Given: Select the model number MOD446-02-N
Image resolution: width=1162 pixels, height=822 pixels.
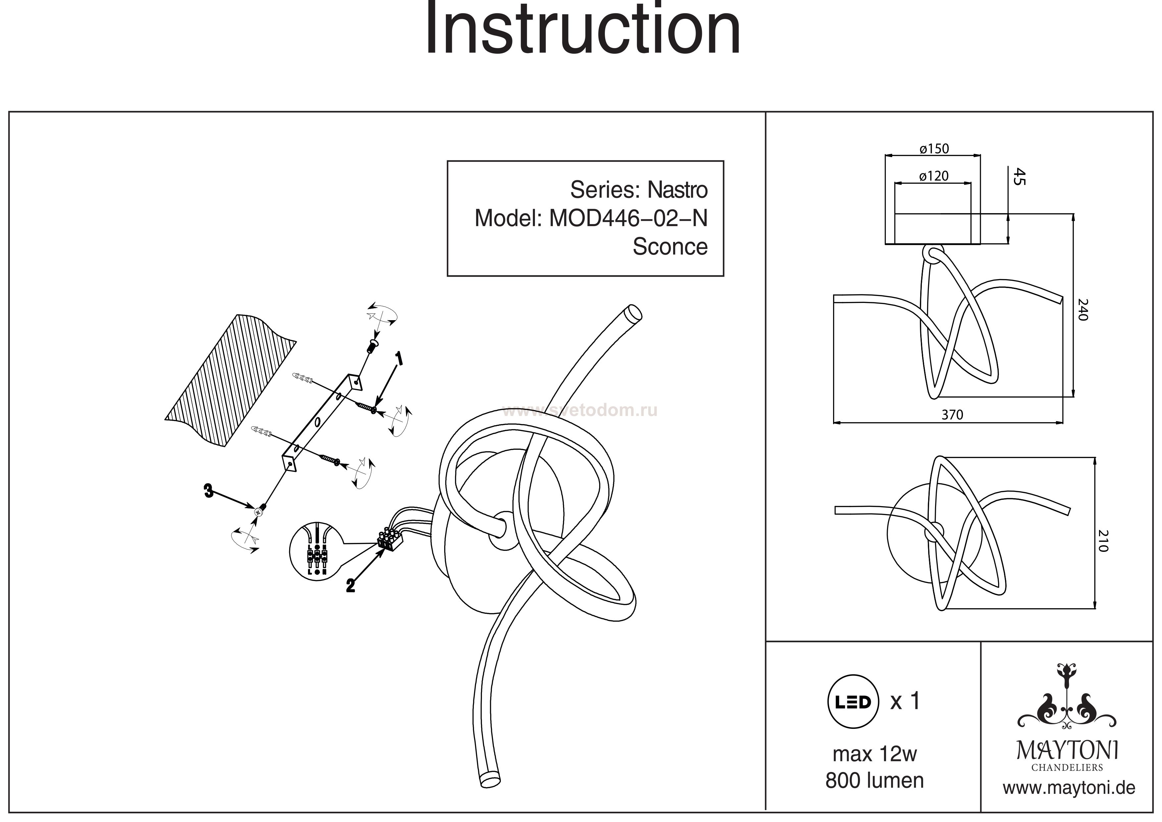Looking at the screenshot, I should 628,219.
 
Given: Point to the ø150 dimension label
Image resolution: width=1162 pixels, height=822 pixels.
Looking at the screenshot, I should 934,149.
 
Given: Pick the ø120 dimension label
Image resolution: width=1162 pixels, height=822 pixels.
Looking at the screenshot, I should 934,176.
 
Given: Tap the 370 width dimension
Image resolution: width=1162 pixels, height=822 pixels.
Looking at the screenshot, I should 952,415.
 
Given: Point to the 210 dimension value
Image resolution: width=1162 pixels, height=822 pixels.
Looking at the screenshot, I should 1103,541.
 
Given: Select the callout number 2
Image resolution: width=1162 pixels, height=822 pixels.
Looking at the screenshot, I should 350,586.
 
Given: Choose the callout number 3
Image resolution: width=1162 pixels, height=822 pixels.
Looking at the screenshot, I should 208,490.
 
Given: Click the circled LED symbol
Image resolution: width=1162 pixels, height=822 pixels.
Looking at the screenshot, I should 853,701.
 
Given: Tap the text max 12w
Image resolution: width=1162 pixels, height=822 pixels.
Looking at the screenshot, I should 874,754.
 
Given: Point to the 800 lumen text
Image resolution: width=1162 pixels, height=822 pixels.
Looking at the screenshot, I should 874,781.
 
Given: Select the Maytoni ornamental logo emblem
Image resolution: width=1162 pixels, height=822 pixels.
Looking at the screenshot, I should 1067,704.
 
